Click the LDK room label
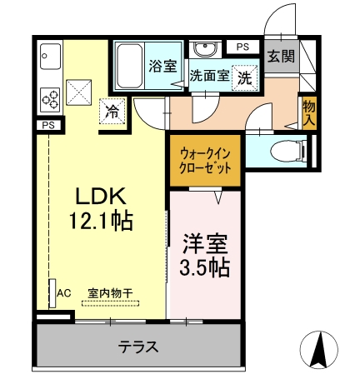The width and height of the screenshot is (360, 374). coord(101,196)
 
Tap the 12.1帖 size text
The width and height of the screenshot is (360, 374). coord(101,221)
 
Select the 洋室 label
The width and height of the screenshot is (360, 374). coord(205,244)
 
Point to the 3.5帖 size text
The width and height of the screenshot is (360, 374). coord(205,267)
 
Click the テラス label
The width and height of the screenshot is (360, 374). coord(138,347)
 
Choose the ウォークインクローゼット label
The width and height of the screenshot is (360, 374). coord(205,161)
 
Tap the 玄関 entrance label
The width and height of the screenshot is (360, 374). coord(281,57)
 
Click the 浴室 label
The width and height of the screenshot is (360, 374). coord(162,66)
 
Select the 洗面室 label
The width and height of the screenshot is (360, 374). coord(209,75)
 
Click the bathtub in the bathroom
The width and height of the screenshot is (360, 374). coord(129,66)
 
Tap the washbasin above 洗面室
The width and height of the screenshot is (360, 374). coord(205,49)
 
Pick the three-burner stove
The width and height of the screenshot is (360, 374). coord(50,99)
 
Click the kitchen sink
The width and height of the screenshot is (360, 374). coord(50,57)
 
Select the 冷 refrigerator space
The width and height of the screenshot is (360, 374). coord(112,112)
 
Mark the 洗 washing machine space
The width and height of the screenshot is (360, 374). coord(245,78)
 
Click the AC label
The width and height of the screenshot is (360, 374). coord(64,293)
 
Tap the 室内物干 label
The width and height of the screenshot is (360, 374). coord(110,293)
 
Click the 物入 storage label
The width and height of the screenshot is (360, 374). coord(309,112)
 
